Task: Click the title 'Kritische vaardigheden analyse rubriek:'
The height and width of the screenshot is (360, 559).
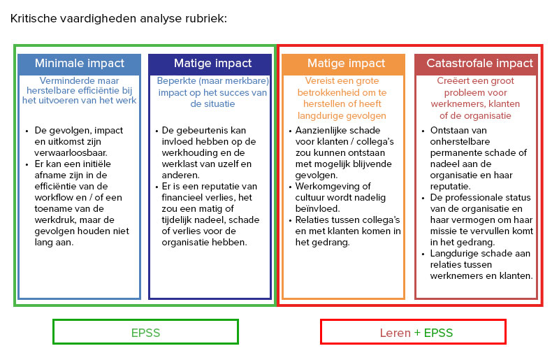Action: pyautogui.click(x=119, y=19)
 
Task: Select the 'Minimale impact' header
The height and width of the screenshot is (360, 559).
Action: pyautogui.click(x=80, y=64)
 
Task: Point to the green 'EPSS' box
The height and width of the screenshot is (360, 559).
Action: pyautogui.click(x=145, y=333)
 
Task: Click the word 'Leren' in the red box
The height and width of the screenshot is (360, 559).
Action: pyautogui.click(x=395, y=333)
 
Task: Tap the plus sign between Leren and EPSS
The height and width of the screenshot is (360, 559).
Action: pyautogui.click(x=417, y=333)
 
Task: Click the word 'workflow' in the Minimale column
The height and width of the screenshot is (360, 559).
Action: pyautogui.click(x=55, y=197)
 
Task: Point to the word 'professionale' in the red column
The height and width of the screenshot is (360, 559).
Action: pyautogui.click(x=470, y=198)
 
